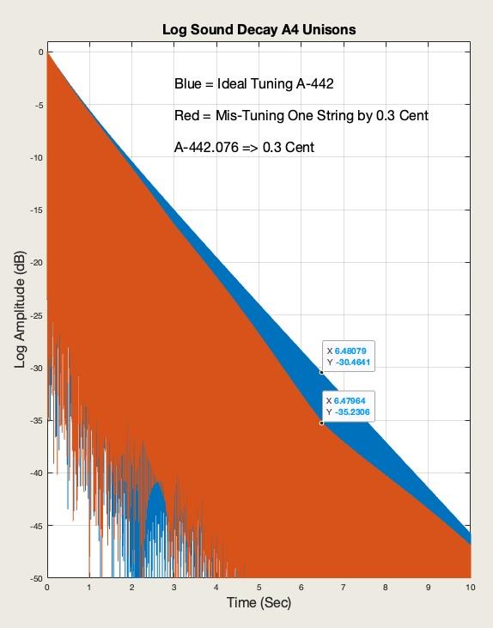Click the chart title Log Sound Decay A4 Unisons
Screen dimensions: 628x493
259,30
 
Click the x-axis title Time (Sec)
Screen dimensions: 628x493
259,603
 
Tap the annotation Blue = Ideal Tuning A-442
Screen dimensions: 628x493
253,84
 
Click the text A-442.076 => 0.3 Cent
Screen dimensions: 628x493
244,148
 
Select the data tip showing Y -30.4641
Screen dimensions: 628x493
350,357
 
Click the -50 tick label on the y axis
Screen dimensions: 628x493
35,578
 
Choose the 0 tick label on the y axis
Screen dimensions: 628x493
40,52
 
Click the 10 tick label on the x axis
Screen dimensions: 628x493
470,588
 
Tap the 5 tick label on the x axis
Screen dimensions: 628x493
259,588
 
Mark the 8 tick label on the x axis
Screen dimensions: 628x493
386,588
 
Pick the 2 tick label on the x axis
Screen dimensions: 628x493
131,588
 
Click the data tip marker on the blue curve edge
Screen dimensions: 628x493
321,372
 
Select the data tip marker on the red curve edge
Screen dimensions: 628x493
321,423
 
